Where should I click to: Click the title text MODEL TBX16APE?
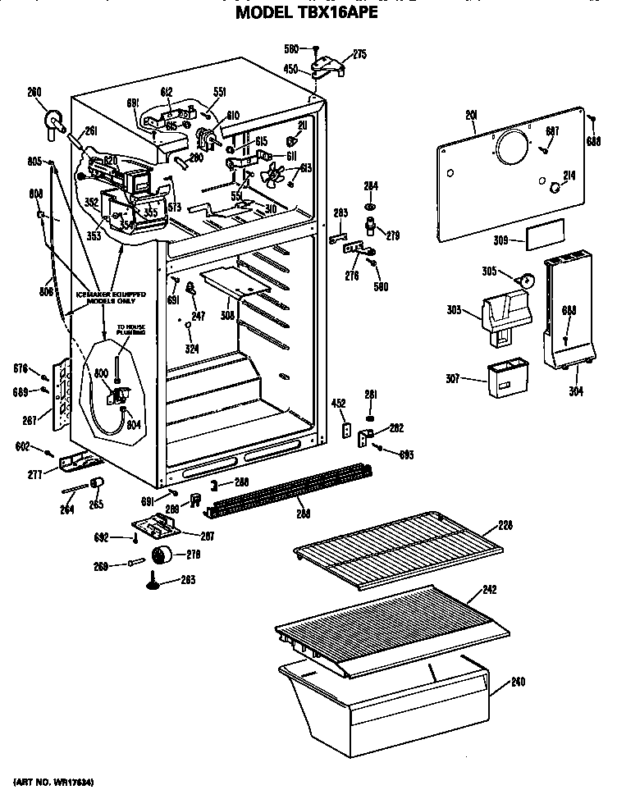307,14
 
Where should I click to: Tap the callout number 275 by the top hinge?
359,55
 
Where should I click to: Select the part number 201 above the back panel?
471,116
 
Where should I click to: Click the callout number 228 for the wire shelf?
506,526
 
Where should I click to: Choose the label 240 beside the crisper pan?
518,682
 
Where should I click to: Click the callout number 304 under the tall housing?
575,391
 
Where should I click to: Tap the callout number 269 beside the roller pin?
124,565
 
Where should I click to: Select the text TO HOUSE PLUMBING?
130,330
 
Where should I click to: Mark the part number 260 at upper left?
34,92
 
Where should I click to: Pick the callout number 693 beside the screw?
405,454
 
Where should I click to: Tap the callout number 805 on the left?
34,161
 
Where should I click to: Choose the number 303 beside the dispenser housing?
455,310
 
